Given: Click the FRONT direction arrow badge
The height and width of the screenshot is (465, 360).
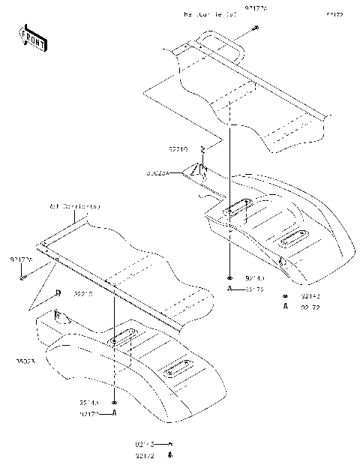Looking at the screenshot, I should pos(32,38).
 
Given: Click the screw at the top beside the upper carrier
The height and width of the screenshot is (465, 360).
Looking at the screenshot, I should pos(256,28).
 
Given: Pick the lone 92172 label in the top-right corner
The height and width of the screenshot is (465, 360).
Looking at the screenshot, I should pos(334,14).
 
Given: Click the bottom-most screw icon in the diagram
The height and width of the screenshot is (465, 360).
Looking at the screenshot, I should pos(170,454).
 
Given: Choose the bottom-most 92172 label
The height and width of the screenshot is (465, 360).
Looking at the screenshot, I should pos(145,455).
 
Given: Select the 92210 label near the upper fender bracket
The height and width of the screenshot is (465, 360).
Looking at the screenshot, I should pos(178,149).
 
